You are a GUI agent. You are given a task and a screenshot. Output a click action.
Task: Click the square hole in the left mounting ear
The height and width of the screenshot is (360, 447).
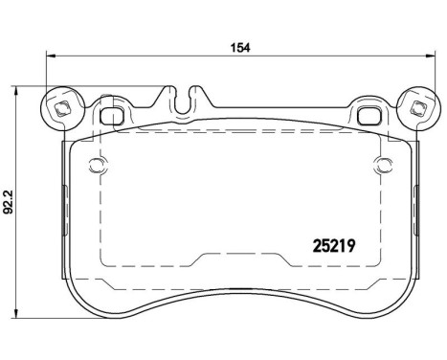(62, 108)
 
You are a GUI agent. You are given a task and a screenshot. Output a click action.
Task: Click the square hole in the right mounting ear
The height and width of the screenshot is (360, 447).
(416, 108)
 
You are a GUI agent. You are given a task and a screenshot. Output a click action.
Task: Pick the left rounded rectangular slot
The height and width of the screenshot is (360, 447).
(112, 116)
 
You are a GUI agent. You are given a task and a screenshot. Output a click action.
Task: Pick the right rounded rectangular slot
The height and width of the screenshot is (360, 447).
(368, 116)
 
